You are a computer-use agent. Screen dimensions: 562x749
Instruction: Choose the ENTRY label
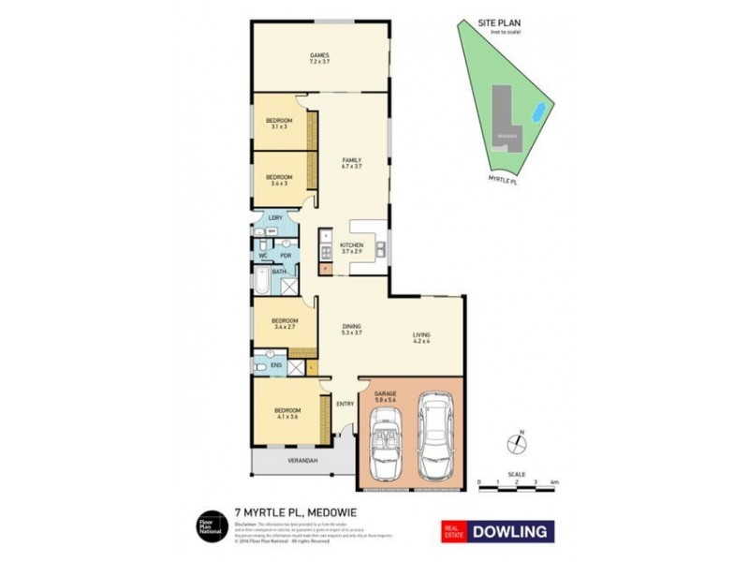coord(345,404)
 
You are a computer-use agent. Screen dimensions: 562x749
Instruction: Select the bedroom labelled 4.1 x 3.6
coord(286,413)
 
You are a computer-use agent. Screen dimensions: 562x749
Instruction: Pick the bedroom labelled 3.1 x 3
coord(278,123)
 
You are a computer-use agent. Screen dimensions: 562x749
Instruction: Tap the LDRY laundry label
coord(275,218)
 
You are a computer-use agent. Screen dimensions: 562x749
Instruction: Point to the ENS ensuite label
coord(277,365)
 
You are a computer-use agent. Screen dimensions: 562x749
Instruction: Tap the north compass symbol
coord(518,442)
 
